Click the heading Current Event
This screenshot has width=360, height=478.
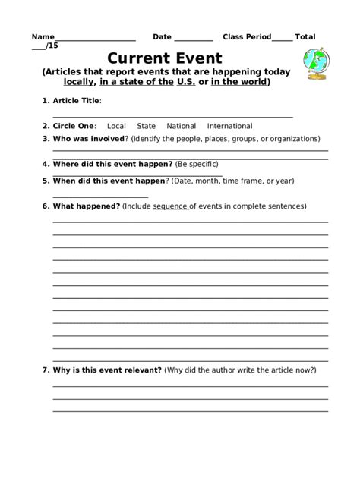165,58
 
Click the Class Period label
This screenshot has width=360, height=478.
247,36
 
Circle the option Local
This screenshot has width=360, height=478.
116,126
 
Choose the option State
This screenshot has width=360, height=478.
147,126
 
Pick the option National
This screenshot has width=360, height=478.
182,126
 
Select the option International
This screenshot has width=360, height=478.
230,126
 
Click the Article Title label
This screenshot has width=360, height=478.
75,100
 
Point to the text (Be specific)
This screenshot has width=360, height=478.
197,164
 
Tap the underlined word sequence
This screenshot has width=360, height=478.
170,206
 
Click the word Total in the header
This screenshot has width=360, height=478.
305,36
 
